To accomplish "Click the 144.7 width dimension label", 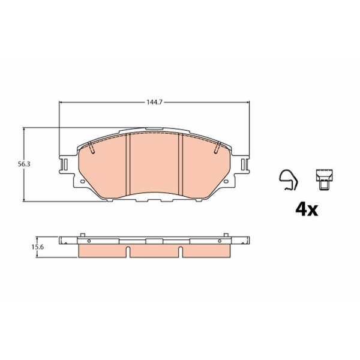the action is point(155,102).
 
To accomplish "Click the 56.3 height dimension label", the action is point(24,164).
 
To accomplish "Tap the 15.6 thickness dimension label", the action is point(38,247).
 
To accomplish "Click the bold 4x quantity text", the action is point(307,209).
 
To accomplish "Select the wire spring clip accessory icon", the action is point(289,180).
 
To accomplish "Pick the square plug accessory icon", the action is point(324,179).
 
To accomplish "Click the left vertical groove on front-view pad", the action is point(128,164).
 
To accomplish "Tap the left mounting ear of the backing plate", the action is point(64,164).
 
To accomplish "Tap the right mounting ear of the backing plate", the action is point(245,164).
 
